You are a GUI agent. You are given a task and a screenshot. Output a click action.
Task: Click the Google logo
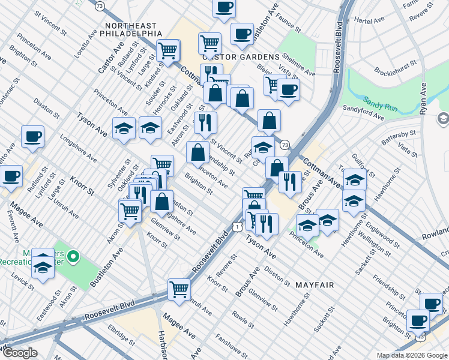(x=20, y=353)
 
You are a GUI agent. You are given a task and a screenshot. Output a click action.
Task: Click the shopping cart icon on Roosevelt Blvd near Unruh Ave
(x=179, y=290)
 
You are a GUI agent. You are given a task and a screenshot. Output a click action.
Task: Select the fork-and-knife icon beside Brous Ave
(x=290, y=181)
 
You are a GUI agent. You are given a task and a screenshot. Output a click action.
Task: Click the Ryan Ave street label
(x=424, y=101)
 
